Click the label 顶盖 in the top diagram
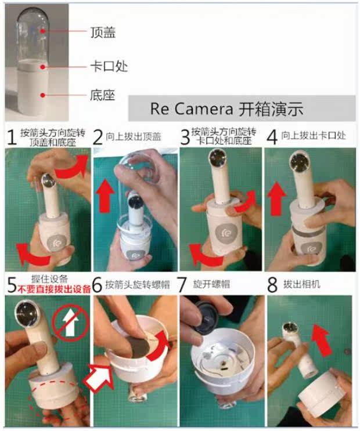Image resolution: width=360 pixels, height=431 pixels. pyautogui.click(x=103, y=32)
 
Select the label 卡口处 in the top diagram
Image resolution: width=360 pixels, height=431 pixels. pyautogui.click(x=109, y=66)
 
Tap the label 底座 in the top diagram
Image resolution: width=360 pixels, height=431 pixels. pyautogui.click(x=102, y=95)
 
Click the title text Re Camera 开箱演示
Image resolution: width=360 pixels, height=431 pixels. pyautogui.click(x=226, y=109)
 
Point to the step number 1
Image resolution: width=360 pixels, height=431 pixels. pyautogui.click(x=11, y=137)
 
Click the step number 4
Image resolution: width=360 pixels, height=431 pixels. pyautogui.click(x=272, y=137)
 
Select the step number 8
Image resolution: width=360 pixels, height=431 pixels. pyautogui.click(x=272, y=285)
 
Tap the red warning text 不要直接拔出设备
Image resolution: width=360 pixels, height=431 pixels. pyautogui.click(x=54, y=289)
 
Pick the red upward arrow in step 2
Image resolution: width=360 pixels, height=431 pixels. pyautogui.click(x=105, y=195)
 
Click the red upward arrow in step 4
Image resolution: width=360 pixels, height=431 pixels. pyautogui.click(x=276, y=198)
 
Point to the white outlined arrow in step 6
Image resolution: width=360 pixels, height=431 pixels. pyautogui.click(x=98, y=376)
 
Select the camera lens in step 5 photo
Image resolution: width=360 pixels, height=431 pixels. pyautogui.click(x=26, y=312)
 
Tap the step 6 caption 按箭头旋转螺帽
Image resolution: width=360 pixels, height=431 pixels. pyautogui.click(x=138, y=285)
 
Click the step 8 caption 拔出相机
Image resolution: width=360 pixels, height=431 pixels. pyautogui.click(x=302, y=284)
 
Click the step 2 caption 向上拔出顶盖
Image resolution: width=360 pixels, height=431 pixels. pyautogui.click(x=133, y=136)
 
